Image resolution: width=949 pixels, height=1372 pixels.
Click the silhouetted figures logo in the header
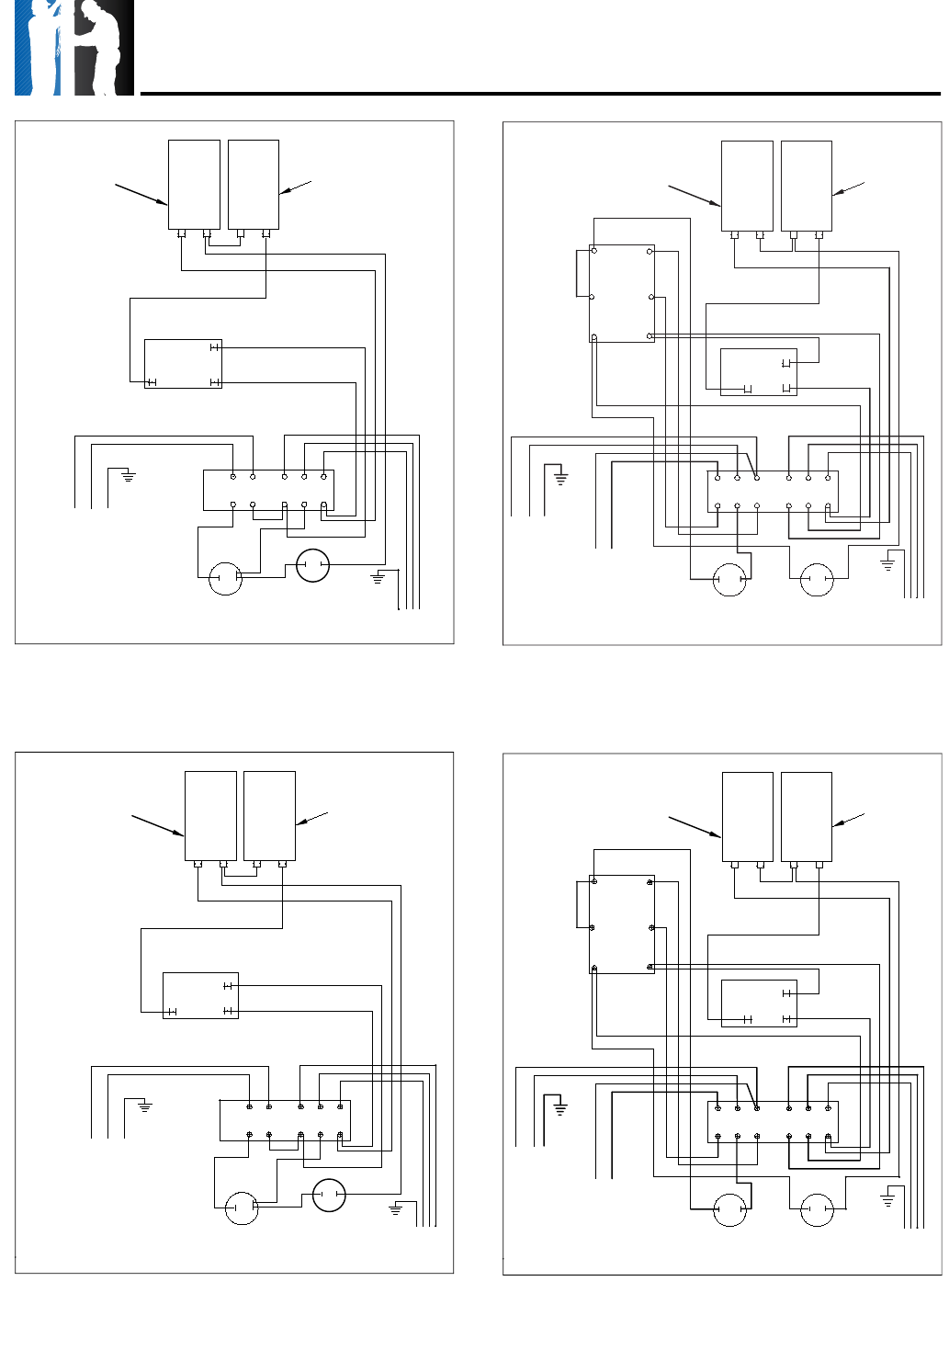[x=73, y=48]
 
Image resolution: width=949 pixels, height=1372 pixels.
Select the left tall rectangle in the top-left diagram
[x=194, y=184]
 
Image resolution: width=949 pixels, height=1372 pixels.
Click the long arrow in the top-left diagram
[x=141, y=194]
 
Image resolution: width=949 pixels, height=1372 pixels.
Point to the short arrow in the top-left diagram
[x=295, y=187]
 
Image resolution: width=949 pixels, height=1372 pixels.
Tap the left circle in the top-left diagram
[x=225, y=578]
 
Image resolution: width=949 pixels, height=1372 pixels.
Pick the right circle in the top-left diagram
[x=312, y=565]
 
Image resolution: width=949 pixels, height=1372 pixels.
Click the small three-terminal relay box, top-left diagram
[x=183, y=364]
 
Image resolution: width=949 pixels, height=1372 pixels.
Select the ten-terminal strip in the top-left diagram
[x=268, y=491]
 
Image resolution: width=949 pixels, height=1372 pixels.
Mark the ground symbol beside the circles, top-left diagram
[x=378, y=578]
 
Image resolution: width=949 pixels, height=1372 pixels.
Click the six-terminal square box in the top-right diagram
[x=622, y=293]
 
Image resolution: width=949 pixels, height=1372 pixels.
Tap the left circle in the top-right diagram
[x=729, y=579]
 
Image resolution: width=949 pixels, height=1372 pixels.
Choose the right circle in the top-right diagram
[x=817, y=579]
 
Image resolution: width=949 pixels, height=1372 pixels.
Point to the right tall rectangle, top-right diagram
[x=806, y=186]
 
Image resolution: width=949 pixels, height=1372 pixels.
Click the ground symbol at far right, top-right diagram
[x=887, y=563]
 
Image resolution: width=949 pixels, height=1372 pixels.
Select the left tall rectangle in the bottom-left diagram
[x=210, y=815]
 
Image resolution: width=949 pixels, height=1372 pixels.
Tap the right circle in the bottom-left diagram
[x=329, y=1196]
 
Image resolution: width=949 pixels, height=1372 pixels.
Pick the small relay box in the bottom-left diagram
[x=200, y=995]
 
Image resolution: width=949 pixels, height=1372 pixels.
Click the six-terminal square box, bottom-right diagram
[x=622, y=924]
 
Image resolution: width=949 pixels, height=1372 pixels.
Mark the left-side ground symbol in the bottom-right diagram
[x=559, y=1109]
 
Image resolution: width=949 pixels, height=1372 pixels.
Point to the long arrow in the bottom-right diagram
[x=694, y=826]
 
